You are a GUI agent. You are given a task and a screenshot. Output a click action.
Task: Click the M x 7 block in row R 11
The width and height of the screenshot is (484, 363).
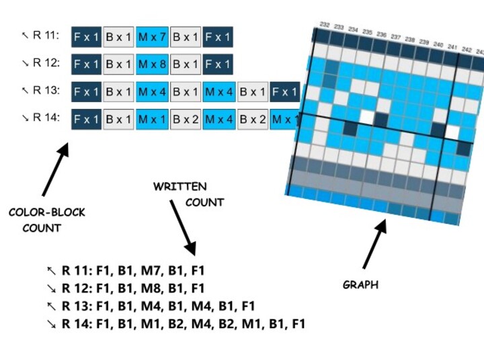[x=152, y=36]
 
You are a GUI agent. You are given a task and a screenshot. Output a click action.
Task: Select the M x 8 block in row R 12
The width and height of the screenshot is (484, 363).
[x=152, y=65]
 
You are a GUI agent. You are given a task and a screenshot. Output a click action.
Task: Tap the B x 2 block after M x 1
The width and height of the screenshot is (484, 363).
[x=185, y=120]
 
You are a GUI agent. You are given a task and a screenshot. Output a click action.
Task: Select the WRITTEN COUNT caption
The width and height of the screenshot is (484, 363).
[x=188, y=194]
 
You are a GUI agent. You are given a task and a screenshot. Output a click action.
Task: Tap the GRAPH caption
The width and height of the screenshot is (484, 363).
[x=360, y=284]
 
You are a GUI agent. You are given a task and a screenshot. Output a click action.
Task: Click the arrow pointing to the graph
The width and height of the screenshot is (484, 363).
[x=375, y=243]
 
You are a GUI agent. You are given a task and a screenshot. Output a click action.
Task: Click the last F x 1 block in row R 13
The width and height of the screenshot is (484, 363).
[x=284, y=92]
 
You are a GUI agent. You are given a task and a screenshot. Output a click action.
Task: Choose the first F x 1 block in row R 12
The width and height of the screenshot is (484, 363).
[x=86, y=65]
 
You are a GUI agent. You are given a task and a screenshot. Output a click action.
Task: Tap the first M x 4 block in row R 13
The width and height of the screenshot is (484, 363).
[x=152, y=92]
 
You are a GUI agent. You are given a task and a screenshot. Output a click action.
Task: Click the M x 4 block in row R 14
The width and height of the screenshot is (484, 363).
[x=218, y=120]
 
